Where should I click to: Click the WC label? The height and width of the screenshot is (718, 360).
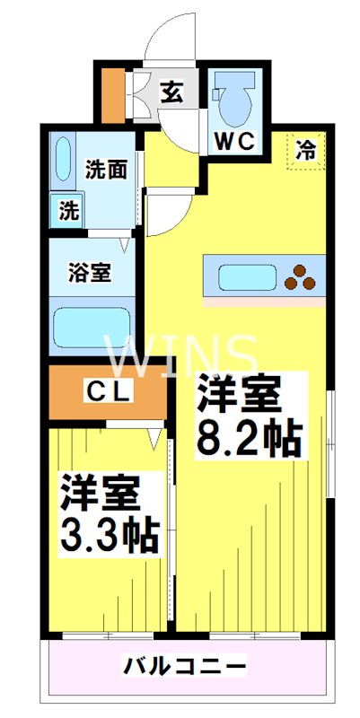[x=234, y=143]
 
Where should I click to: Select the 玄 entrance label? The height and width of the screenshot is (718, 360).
[x=171, y=93]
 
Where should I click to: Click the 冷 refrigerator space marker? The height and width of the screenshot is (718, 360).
[x=305, y=150]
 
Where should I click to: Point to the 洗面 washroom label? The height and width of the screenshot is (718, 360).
[x=106, y=170]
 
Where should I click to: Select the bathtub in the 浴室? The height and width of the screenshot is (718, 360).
[x=92, y=326]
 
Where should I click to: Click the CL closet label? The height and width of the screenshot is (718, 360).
[x=110, y=392]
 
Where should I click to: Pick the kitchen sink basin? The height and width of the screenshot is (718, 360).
[x=248, y=277]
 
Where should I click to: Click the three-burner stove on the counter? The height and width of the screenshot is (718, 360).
[x=300, y=277]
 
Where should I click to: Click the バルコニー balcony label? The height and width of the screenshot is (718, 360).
[x=184, y=667]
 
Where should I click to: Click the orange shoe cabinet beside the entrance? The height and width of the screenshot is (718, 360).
[x=113, y=96]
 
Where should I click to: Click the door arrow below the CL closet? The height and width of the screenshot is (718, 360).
[x=154, y=438]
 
